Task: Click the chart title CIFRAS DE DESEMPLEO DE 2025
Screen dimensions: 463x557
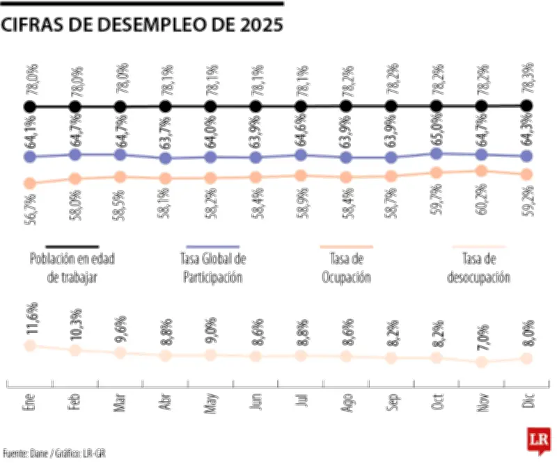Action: [142, 25]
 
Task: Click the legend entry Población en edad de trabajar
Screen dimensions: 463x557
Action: [72, 268]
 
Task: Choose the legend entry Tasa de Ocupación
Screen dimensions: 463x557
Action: [346, 268]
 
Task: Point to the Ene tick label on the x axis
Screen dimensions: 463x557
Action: [29, 403]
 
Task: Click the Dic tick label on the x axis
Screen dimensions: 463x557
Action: [527, 402]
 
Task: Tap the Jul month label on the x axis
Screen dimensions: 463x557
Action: [301, 402]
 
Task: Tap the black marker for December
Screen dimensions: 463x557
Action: [526, 106]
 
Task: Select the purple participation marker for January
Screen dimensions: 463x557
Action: [29, 157]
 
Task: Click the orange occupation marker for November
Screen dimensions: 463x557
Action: [481, 171]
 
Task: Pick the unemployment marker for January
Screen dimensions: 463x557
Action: [29, 346]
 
